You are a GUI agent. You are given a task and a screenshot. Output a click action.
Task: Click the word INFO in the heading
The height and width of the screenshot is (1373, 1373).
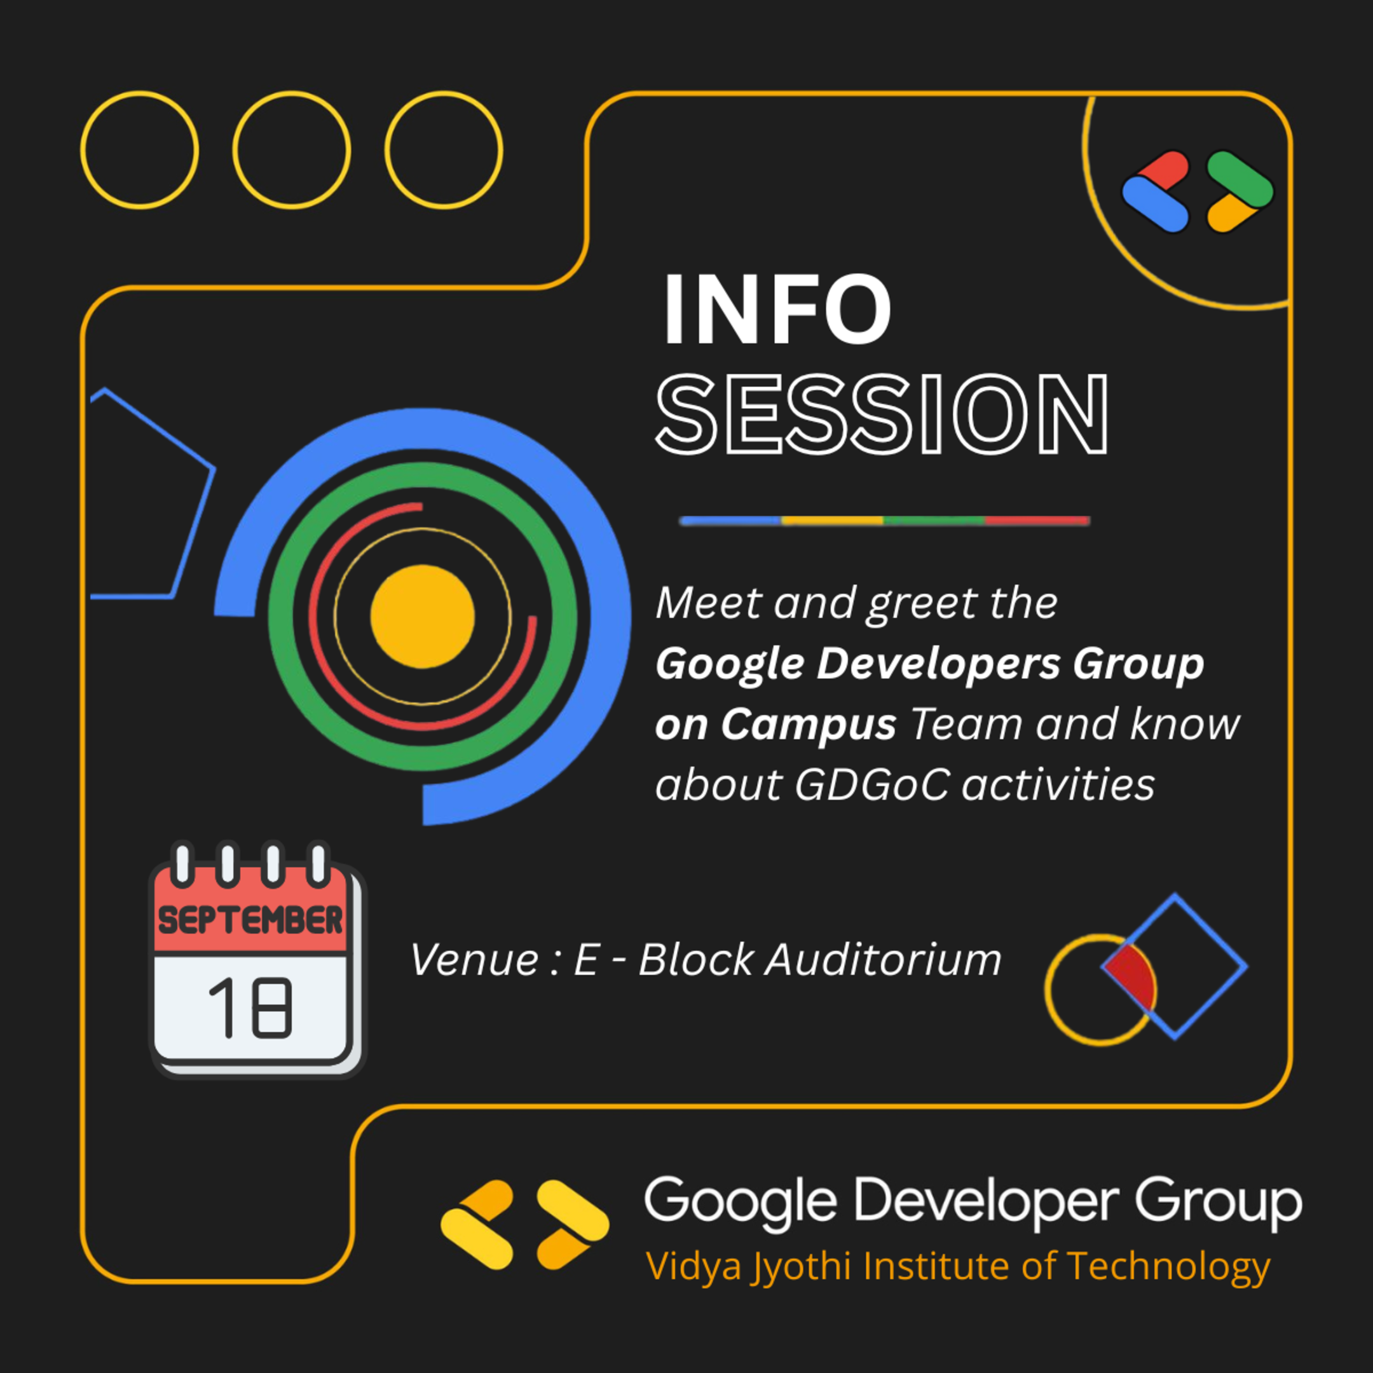[776, 311]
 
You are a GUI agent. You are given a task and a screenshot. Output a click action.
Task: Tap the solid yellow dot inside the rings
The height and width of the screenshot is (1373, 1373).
[422, 616]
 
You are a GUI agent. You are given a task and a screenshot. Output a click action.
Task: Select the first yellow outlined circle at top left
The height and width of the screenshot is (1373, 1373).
[139, 150]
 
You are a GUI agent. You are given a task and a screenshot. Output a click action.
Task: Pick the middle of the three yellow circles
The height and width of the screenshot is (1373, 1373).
[291, 150]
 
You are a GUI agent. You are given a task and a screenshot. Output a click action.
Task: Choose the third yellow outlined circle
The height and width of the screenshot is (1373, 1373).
[444, 150]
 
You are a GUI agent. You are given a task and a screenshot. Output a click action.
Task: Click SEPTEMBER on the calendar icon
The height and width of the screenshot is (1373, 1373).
[250, 921]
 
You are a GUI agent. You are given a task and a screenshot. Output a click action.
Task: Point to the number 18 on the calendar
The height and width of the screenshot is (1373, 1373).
[250, 1007]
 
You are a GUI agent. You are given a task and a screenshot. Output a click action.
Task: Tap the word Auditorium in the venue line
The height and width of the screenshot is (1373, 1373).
[883, 960]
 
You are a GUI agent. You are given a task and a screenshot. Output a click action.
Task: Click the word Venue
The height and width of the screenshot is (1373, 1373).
[475, 960]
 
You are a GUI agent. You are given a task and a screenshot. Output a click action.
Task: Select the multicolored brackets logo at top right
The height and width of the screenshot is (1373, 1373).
[1198, 191]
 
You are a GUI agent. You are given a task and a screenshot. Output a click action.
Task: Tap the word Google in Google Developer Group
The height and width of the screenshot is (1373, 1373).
[740, 1200]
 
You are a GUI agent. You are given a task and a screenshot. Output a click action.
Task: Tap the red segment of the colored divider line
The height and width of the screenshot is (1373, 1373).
[1037, 521]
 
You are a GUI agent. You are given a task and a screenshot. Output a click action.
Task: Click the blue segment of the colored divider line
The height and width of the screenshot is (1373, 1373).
[730, 521]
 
